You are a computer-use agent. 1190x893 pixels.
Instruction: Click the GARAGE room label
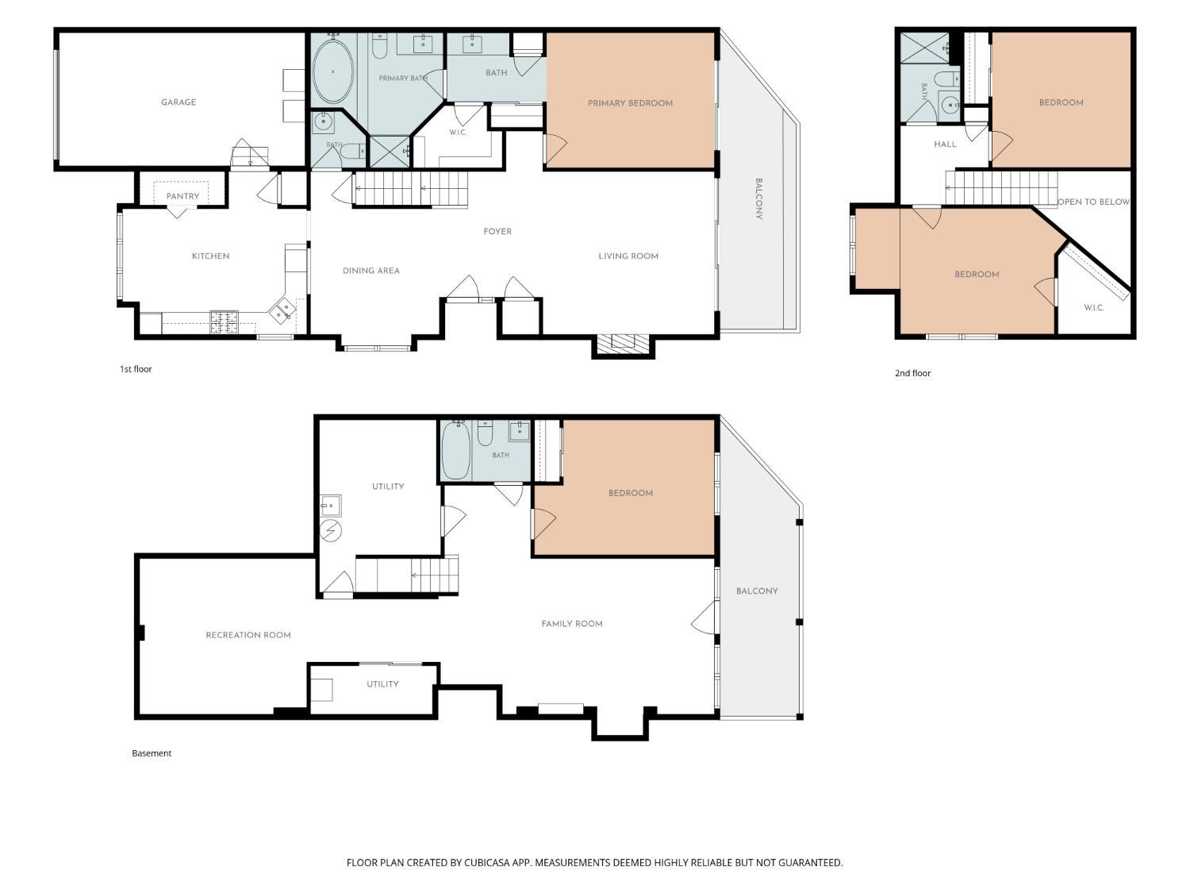[x=178, y=102]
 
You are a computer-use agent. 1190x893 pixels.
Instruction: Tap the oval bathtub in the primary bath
[x=333, y=71]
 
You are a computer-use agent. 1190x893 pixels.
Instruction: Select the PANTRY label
[x=182, y=196]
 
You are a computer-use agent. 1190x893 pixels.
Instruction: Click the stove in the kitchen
[x=224, y=321]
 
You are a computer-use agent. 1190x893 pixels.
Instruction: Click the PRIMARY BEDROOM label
[x=630, y=103]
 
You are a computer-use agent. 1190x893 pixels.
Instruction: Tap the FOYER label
[x=497, y=232]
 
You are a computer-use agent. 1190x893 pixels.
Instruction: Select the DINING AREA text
[x=370, y=271]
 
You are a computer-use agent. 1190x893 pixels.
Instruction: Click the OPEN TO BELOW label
[x=1093, y=202]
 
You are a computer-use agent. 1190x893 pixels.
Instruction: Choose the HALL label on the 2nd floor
[x=945, y=144]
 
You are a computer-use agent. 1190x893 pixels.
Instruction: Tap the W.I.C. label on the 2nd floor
[x=1093, y=307]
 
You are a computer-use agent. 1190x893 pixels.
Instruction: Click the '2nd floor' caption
[x=912, y=373]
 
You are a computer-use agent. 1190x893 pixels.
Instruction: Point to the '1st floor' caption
[x=136, y=369]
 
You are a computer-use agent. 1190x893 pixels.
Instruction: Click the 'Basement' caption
[x=152, y=753]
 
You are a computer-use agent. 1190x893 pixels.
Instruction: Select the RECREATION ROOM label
[x=248, y=635]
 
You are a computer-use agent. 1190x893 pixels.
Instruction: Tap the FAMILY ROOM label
[x=572, y=624]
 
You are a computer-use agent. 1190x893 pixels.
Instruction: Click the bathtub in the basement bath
[x=455, y=451]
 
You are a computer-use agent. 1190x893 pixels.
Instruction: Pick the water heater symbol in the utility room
[x=330, y=530]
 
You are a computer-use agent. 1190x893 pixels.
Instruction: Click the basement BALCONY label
[x=757, y=591]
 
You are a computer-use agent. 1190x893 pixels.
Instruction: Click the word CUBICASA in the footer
[x=487, y=863]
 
